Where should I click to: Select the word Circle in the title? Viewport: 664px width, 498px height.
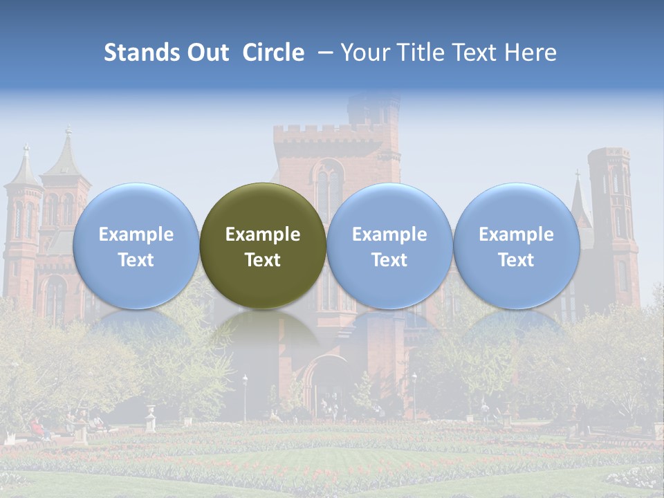point(273,53)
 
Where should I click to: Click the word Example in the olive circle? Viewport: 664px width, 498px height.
point(263,234)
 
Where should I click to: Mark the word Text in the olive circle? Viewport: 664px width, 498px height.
point(263,260)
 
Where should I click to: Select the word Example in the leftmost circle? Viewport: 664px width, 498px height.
point(136,234)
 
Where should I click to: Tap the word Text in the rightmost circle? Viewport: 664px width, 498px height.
point(516,260)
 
